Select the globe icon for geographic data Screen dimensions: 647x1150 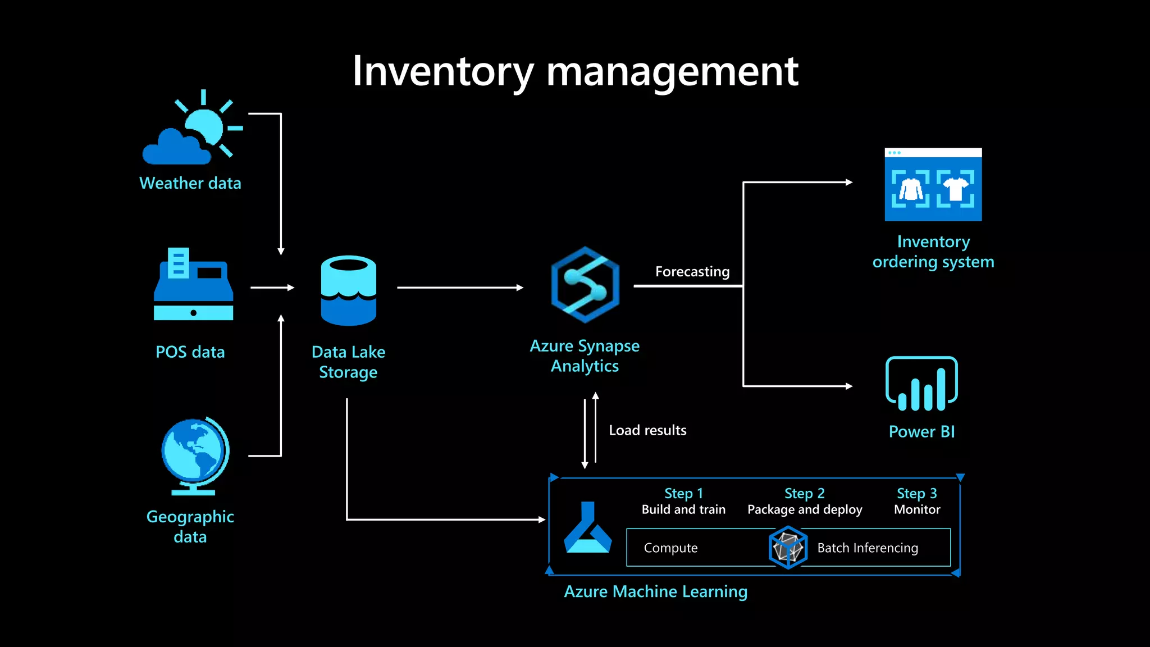pos(194,455)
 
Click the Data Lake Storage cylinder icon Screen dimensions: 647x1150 pos(348,290)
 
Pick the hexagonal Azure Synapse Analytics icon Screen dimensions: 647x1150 pos(585,285)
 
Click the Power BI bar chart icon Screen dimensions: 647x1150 pos(921,384)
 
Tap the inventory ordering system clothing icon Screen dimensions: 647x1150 pos(933,185)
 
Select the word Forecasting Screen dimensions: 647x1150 pos(692,272)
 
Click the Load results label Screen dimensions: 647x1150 pos(647,430)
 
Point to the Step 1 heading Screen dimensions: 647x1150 pos(683,493)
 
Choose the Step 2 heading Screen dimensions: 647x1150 pos(804,493)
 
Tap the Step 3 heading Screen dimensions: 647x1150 pos(916,493)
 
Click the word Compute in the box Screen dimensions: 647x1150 pos(670,548)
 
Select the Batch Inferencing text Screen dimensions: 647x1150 pos(867,548)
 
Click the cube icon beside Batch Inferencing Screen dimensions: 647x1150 pos(787,548)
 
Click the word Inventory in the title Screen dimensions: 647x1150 pos(442,72)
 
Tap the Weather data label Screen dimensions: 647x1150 pos(190,183)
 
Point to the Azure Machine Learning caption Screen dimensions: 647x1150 pos(655,591)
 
